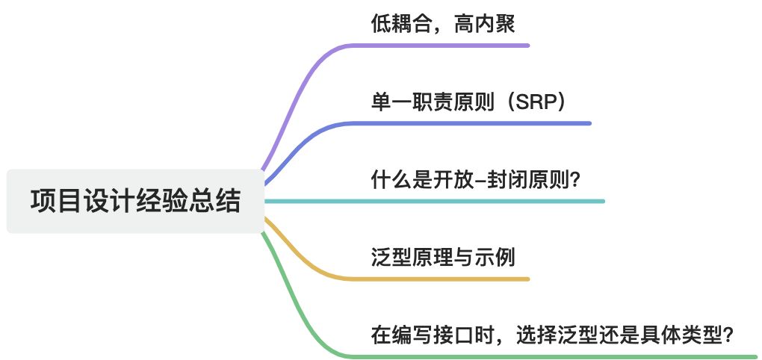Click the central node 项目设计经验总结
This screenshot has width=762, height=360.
tap(135, 201)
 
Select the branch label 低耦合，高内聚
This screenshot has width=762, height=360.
tap(443, 25)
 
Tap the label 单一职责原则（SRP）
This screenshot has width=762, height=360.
tap(468, 102)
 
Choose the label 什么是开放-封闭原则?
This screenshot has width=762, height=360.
tap(475, 180)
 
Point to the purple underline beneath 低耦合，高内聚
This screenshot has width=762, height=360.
tap(448, 46)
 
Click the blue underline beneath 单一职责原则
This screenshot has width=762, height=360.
tap(486, 123)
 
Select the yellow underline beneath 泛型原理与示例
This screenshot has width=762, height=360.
tap(448, 279)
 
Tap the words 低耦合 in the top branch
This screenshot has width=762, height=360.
tap(401, 25)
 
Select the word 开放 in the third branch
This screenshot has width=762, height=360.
tap(453, 180)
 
